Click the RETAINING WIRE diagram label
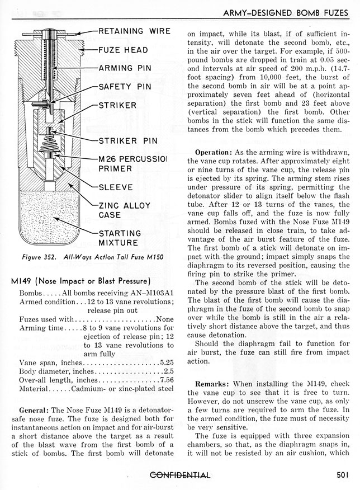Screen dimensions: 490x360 [134, 31]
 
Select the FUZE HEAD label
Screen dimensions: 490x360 [123, 50]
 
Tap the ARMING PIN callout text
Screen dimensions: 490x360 [124, 68]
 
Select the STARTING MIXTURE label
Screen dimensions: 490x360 [120, 238]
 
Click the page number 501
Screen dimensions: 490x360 [343, 475]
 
